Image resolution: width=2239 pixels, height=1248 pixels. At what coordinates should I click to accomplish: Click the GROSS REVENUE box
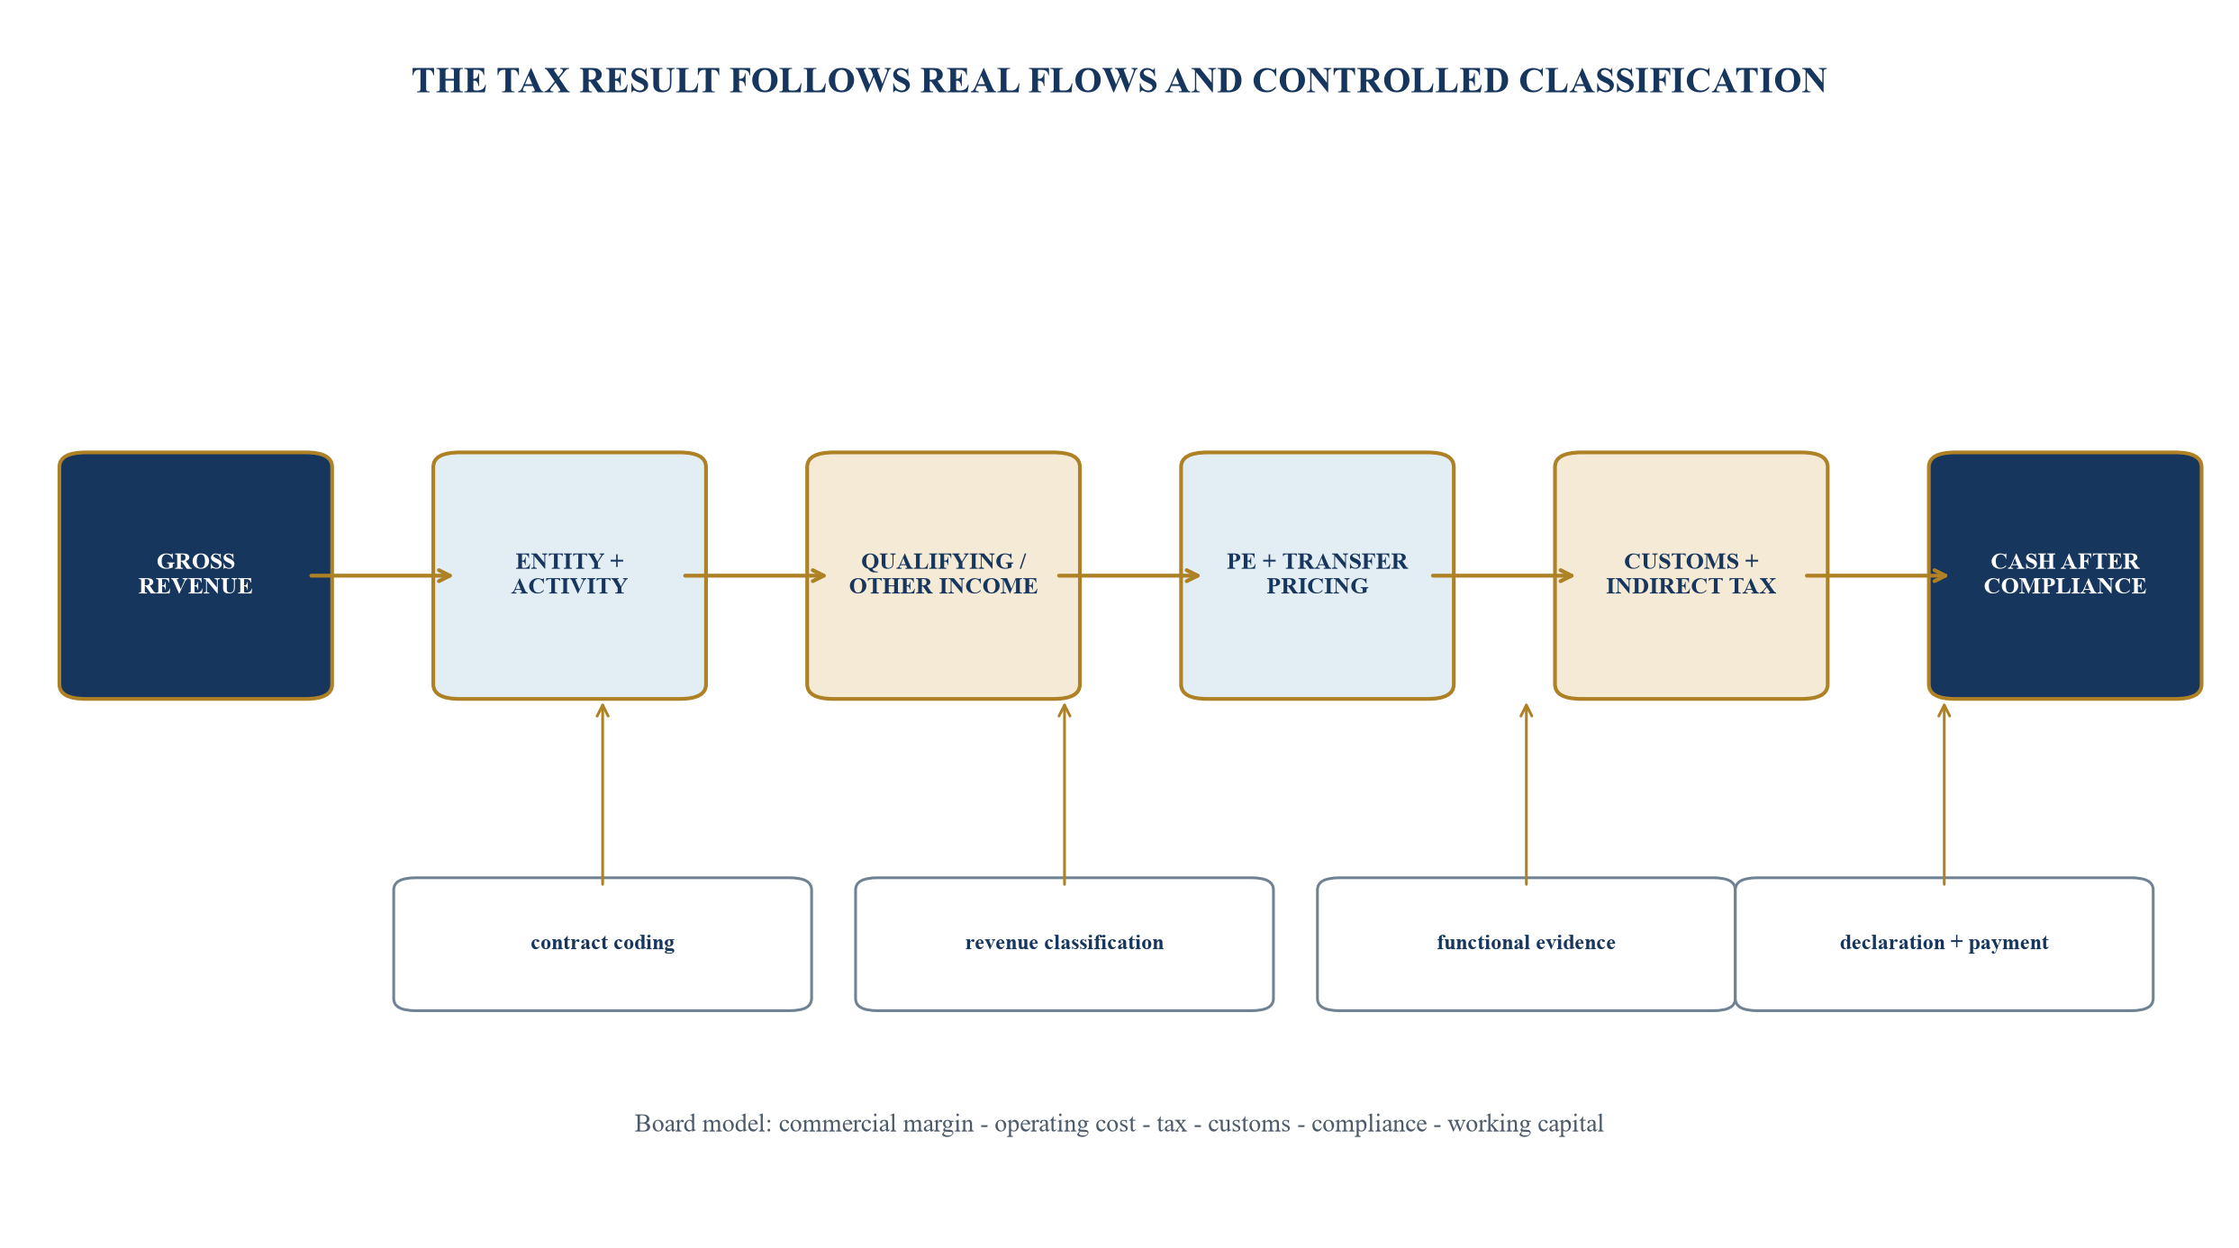click(195, 575)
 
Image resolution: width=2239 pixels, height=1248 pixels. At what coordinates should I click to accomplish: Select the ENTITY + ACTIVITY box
click(569, 575)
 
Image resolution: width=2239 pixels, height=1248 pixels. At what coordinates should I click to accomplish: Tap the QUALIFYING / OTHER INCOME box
click(943, 575)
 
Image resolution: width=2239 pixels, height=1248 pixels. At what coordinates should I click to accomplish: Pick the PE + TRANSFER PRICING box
click(1317, 575)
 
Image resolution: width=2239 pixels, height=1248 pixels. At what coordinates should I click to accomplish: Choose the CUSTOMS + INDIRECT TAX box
click(1691, 575)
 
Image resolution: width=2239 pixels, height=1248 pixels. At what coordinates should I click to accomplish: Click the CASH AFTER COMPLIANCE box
click(2064, 575)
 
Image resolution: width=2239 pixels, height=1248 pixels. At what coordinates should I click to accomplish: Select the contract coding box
click(603, 944)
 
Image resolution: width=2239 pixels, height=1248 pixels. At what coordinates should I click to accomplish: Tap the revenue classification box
click(1064, 944)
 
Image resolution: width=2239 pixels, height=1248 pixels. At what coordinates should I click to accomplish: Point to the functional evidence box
click(1526, 944)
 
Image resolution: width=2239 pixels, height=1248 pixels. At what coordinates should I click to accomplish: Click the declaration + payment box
click(1944, 944)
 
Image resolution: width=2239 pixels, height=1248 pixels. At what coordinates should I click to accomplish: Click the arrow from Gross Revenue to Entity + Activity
click(381, 575)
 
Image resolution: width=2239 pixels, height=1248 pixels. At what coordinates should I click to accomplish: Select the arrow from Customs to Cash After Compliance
click(1877, 575)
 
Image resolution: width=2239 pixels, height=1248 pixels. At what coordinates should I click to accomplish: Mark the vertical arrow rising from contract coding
click(603, 794)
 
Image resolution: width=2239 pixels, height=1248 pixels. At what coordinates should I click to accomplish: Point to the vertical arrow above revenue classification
click(1065, 794)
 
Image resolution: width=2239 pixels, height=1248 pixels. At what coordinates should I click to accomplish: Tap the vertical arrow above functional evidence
click(1527, 794)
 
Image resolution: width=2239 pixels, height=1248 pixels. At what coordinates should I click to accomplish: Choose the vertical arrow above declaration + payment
click(1944, 794)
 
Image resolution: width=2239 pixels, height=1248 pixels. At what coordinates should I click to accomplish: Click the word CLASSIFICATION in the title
click(1672, 81)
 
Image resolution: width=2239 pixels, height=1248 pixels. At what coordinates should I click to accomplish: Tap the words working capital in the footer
click(1526, 1124)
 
